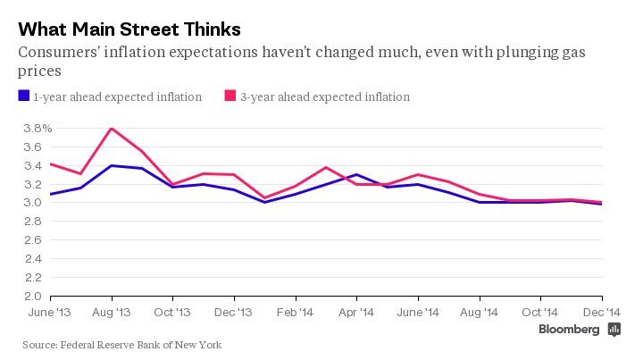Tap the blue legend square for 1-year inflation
point(23,96)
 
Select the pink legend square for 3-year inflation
point(230,96)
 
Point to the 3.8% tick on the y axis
point(30,129)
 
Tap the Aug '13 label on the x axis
point(112,313)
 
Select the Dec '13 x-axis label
point(234,313)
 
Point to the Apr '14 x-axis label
point(356,313)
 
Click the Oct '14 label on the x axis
point(541,313)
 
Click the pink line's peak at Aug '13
point(112,129)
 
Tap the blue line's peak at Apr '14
point(356,174)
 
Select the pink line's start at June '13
point(51,163)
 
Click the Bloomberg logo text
point(569,330)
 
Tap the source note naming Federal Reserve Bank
point(122,345)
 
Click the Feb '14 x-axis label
point(296,313)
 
